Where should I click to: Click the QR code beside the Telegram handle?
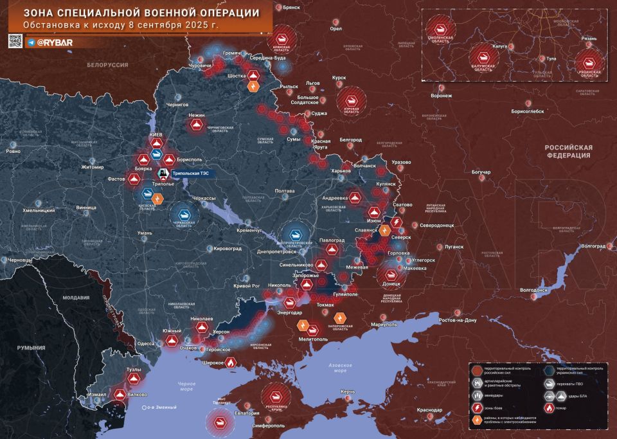point(15,42)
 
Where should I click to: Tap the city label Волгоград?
point(593,246)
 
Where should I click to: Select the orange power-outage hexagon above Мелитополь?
point(339,317)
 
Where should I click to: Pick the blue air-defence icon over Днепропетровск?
point(296,236)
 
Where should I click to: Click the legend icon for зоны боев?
point(477,408)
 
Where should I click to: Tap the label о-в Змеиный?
point(162,408)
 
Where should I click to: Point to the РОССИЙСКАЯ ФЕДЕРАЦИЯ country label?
point(569,151)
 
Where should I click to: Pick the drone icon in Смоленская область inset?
point(442,28)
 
